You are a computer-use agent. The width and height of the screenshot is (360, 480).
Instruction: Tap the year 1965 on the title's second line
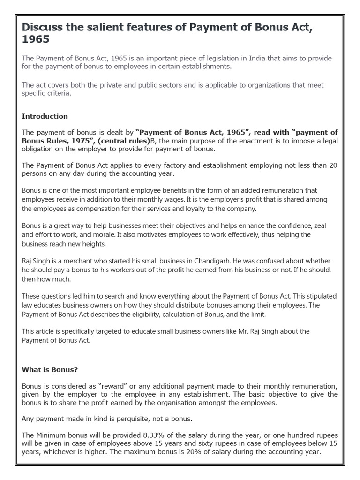36,40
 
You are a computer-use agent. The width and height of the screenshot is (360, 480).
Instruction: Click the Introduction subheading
45,116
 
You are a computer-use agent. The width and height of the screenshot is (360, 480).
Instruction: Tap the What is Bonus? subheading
50,369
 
